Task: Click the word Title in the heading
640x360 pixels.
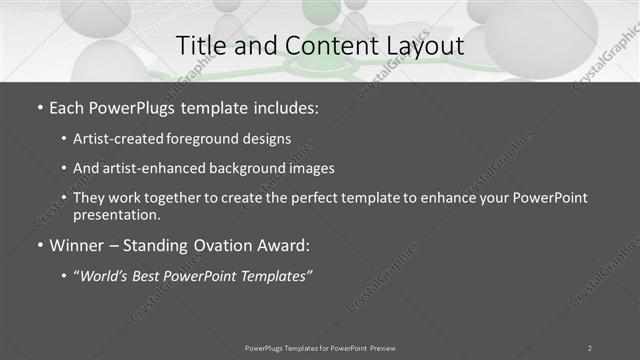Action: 199,46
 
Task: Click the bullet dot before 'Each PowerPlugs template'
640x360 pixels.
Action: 39,106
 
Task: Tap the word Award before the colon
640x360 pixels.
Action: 282,245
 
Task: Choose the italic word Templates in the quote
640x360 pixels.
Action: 272,275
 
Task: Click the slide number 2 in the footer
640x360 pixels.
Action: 589,348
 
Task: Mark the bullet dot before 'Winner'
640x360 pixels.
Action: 39,245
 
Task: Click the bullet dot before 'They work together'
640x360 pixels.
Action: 65,198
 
